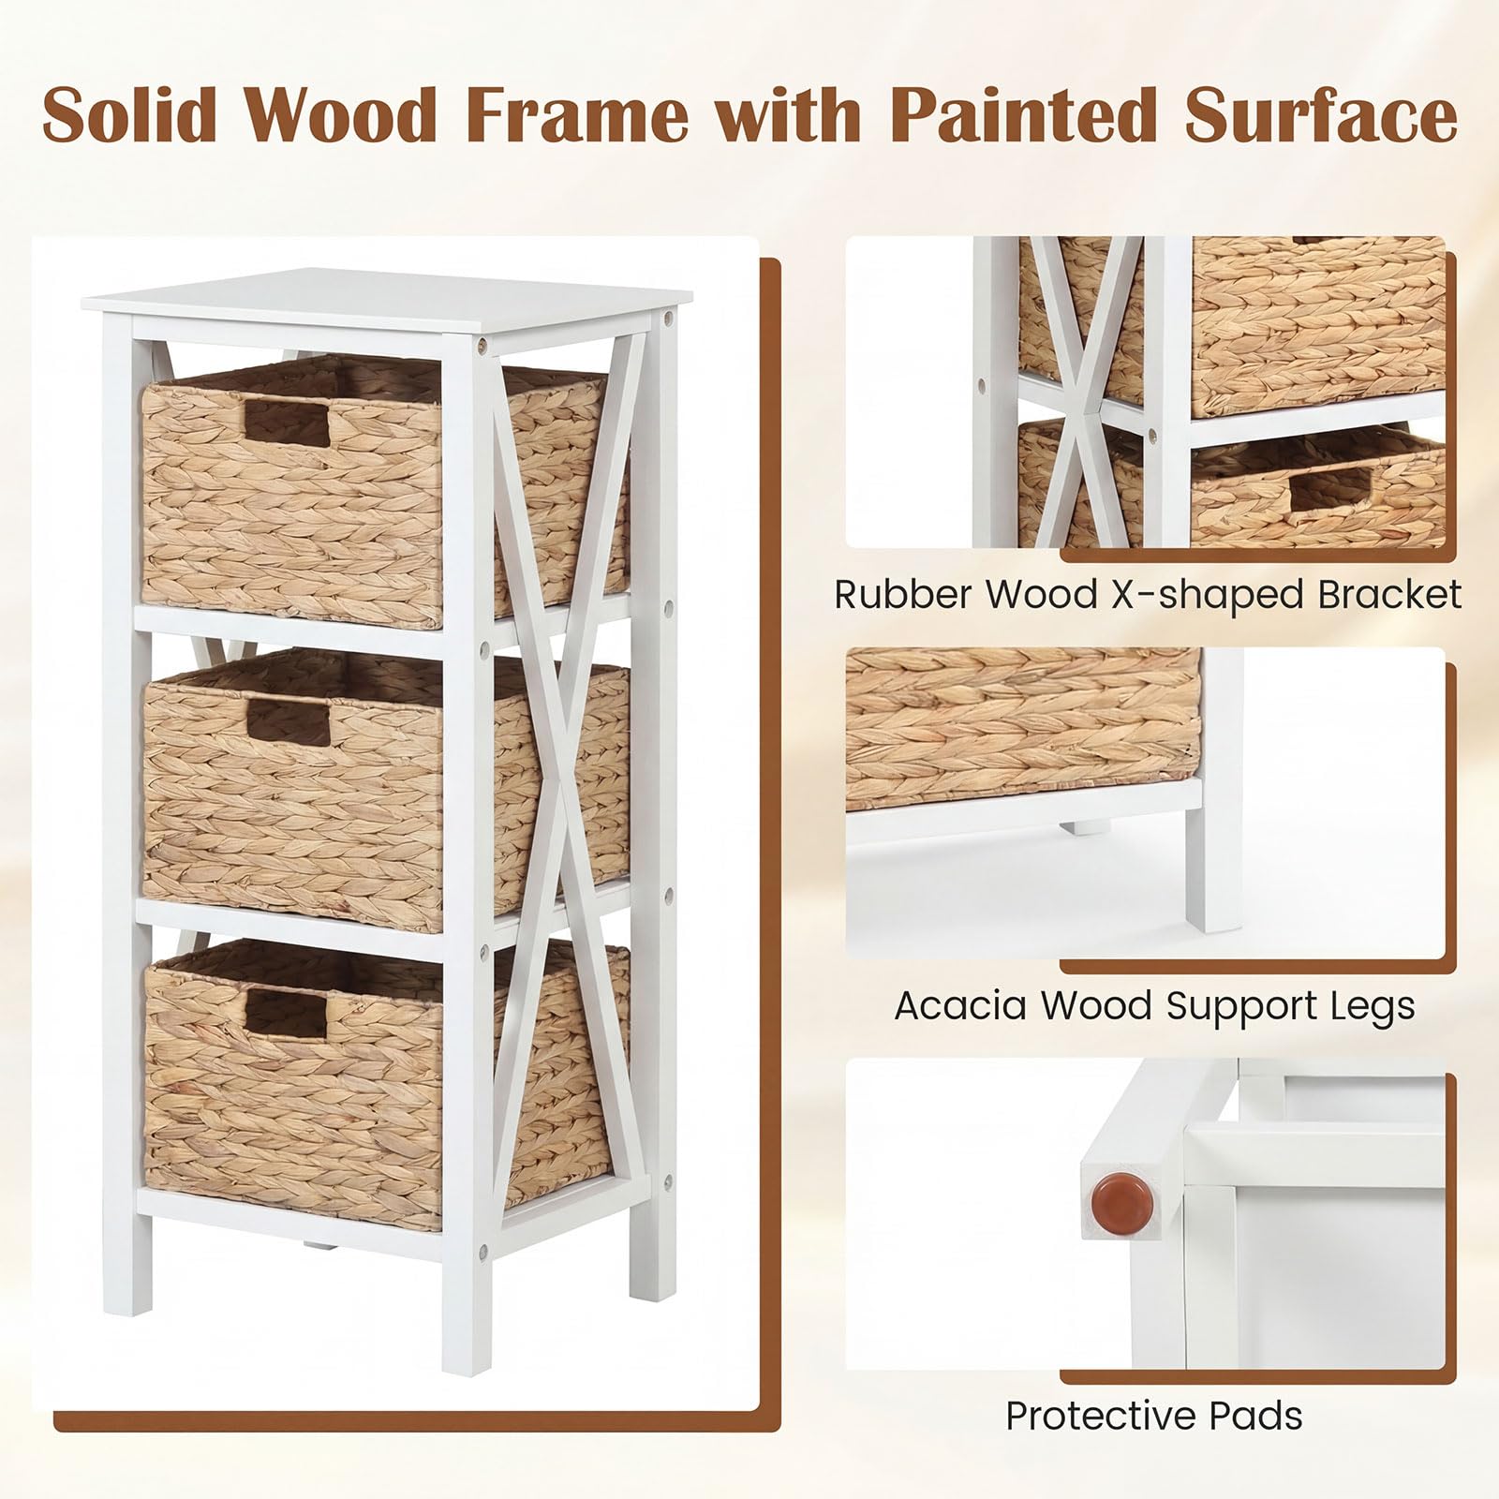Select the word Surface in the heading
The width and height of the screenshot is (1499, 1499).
(x=1321, y=114)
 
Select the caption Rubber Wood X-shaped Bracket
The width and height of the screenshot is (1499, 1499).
(x=1148, y=595)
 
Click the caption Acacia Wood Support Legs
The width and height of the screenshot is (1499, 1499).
(x=1154, y=1006)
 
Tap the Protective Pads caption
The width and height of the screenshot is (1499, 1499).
(x=1154, y=1416)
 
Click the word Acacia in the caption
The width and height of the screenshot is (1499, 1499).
(x=961, y=1006)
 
